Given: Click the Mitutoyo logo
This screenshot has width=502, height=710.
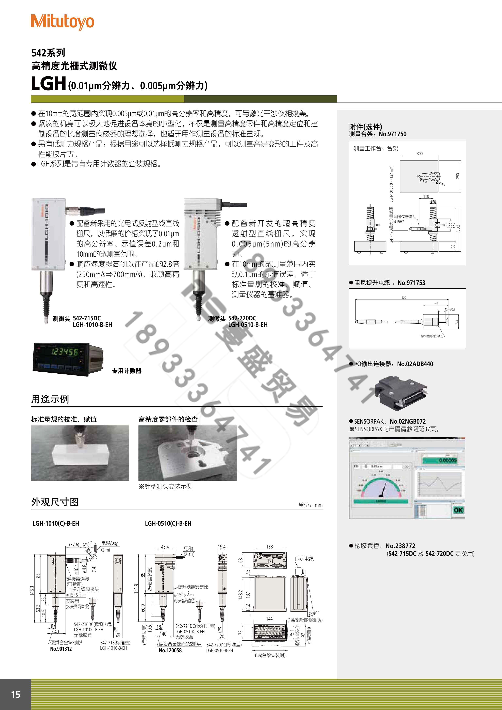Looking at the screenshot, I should pyautogui.click(x=62, y=22).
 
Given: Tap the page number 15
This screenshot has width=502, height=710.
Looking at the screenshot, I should pyautogui.click(x=15, y=695).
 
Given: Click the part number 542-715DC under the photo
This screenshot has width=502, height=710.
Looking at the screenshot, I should pyautogui.click(x=87, y=318).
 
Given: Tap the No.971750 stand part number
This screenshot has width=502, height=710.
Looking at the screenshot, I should pyautogui.click(x=392, y=134).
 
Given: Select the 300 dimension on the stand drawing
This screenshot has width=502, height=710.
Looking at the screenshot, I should pyautogui.click(x=419, y=154).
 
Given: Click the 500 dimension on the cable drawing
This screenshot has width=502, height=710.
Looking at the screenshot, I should pyautogui.click(x=404, y=298).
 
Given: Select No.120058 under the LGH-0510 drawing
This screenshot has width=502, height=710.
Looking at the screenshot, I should pyautogui.click(x=170, y=650).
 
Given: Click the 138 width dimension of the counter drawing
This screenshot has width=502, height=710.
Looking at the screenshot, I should pyautogui.click(x=269, y=546).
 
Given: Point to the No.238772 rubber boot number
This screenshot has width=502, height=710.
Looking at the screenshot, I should pyautogui.click(x=400, y=546).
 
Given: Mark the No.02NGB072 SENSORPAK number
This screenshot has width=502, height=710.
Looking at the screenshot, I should pyautogui.click(x=407, y=421).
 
